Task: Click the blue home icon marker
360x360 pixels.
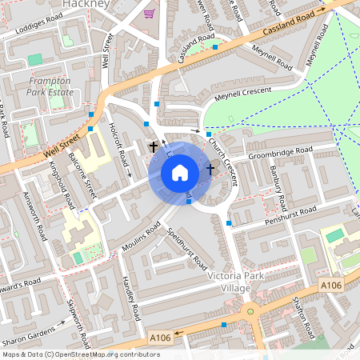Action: (x=180, y=173)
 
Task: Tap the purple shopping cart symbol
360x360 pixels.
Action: (x=149, y=13)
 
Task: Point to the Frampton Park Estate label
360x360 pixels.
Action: (x=50, y=86)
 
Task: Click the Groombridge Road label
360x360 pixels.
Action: (x=280, y=152)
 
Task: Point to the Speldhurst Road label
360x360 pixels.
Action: (x=190, y=249)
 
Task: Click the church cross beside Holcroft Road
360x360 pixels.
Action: (x=153, y=147)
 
